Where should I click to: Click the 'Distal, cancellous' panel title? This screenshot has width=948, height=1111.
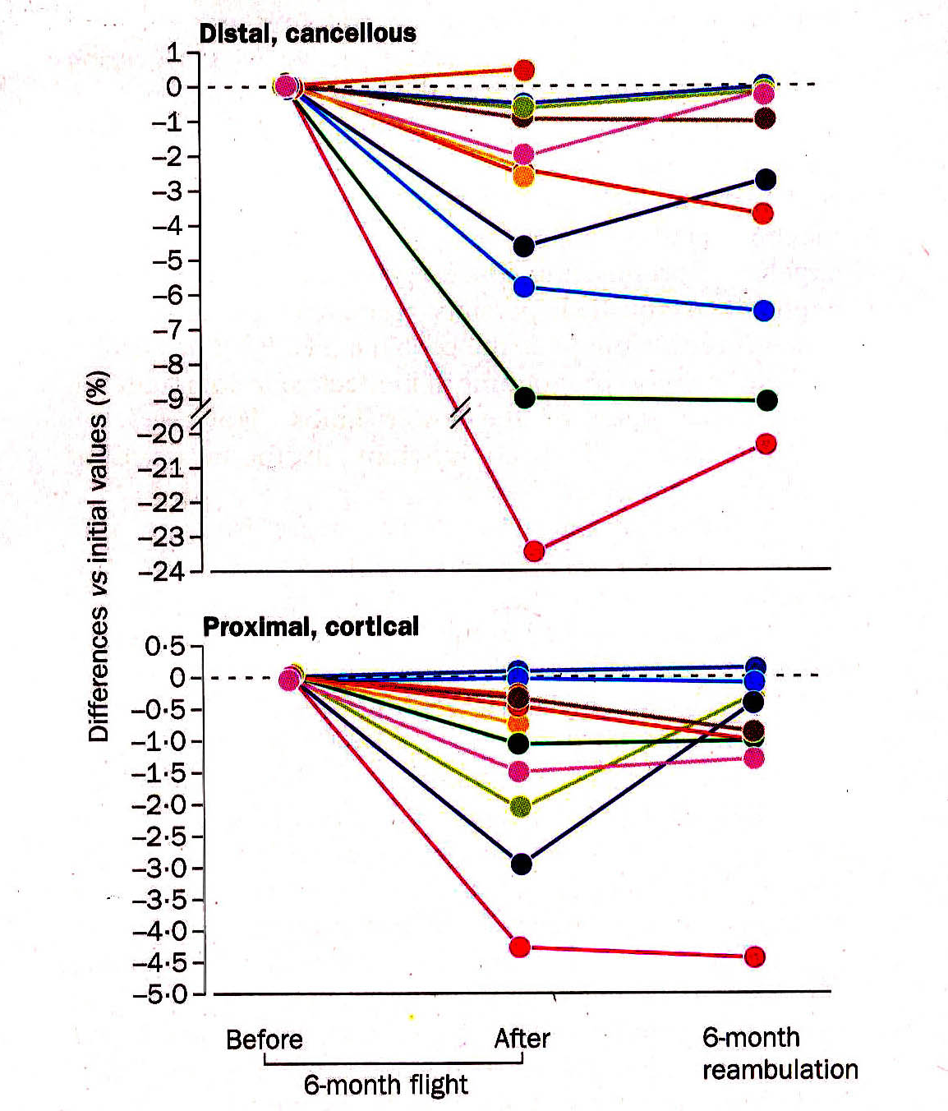click(307, 33)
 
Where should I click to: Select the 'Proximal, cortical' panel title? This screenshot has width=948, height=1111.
click(311, 627)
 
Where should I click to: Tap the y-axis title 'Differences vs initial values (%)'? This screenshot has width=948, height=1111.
click(99, 556)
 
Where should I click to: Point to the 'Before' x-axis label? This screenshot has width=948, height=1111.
click(264, 1040)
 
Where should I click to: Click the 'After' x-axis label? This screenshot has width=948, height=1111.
click(522, 1039)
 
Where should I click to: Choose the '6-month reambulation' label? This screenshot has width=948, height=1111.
click(779, 1053)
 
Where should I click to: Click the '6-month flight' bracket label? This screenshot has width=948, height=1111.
click(385, 1085)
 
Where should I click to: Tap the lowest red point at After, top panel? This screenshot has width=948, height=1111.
click(534, 551)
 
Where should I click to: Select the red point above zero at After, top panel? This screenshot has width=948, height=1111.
click(524, 70)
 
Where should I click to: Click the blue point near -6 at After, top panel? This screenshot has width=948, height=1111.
click(523, 287)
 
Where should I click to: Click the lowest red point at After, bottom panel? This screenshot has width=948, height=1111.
click(519, 947)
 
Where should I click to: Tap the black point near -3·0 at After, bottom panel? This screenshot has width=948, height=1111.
click(521, 864)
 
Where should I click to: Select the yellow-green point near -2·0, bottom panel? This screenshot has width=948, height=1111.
click(520, 806)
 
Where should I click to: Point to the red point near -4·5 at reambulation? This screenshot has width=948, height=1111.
click(754, 957)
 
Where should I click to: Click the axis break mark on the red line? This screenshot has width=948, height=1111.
click(460, 413)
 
